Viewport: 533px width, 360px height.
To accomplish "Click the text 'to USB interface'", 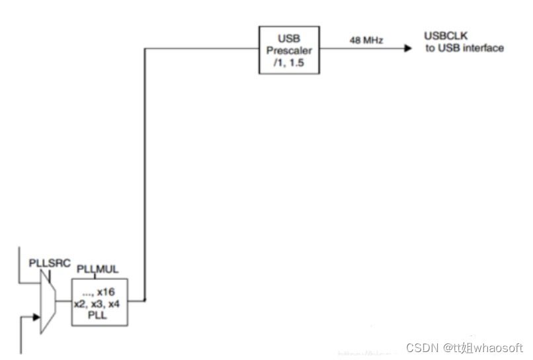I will click(464, 48).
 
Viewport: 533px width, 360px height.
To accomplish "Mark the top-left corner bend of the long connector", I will click(145, 48).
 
